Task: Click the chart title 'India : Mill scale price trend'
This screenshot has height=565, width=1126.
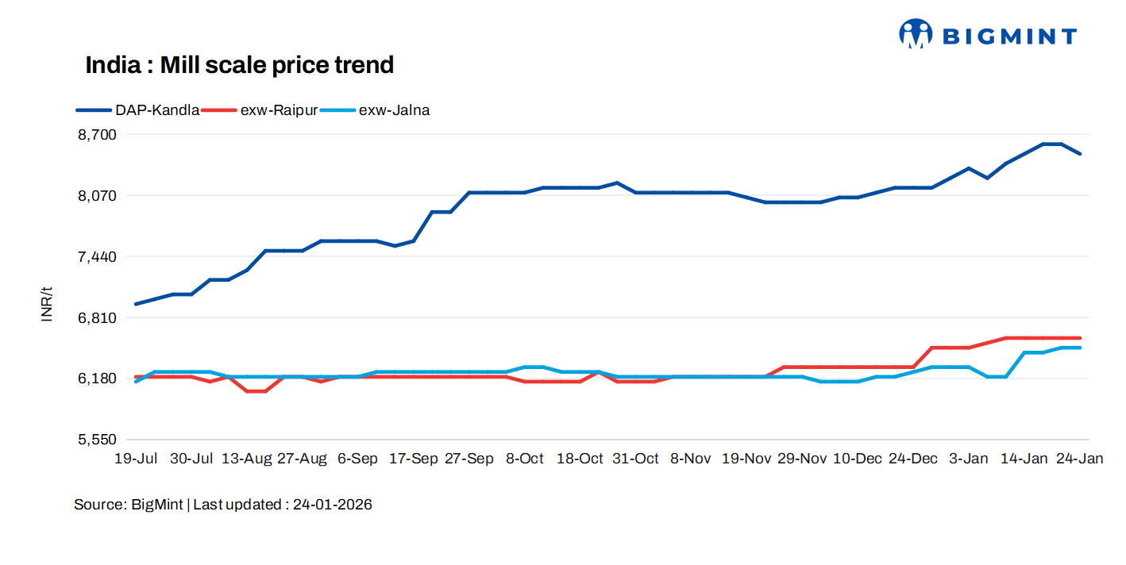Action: click(239, 65)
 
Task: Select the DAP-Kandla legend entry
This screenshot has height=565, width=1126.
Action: click(138, 110)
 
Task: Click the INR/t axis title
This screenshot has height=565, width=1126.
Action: click(47, 305)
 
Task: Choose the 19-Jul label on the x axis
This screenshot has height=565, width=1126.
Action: click(136, 459)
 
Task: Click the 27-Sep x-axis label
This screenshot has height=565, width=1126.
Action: click(469, 459)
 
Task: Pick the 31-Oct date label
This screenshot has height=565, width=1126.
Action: click(635, 459)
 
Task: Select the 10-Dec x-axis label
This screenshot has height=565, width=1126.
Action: click(857, 459)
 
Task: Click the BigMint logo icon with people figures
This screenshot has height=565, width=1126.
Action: click(916, 34)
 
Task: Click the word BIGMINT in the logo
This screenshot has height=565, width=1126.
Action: click(1009, 36)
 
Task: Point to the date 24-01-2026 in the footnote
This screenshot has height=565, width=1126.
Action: click(332, 505)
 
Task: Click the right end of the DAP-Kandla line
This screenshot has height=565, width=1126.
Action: click(1080, 154)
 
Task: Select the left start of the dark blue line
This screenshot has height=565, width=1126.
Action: click(136, 304)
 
